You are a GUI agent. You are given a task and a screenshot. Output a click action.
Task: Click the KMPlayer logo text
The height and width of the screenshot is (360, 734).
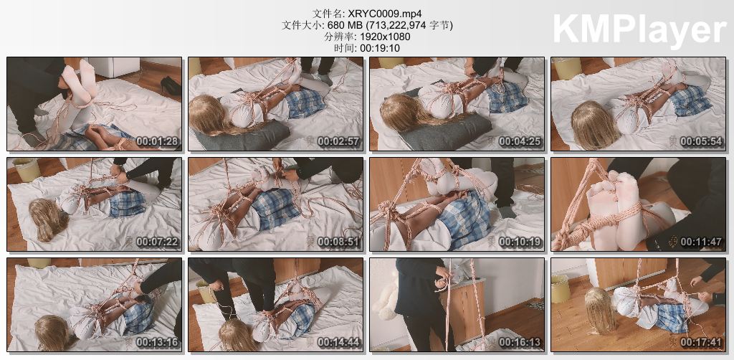point(639,29)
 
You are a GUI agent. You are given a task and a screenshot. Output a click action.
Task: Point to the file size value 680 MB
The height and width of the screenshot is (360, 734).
point(338,25)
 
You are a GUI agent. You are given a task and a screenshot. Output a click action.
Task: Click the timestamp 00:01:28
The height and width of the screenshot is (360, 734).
point(158,141)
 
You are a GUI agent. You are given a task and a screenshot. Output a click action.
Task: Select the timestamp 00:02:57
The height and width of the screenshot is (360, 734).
point(339,141)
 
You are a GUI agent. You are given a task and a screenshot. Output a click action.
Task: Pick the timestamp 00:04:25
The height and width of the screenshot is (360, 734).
point(520,141)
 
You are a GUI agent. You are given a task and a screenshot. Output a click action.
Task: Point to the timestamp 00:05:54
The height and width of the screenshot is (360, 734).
point(701,141)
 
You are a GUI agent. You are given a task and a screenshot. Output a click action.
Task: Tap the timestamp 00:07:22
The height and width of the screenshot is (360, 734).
point(158,242)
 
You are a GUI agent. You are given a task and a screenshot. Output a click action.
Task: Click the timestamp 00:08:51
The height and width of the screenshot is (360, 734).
point(339,242)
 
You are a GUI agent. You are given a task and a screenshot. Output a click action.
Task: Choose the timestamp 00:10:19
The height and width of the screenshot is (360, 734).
point(520,242)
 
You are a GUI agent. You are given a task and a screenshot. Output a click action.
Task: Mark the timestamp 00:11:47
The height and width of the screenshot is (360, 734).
point(701,242)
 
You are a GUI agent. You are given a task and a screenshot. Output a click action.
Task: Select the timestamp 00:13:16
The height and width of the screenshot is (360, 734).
point(158,343)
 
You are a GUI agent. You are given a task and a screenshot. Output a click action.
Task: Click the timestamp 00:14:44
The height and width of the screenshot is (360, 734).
point(339,343)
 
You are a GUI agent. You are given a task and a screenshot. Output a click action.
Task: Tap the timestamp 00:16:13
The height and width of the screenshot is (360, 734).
point(520,343)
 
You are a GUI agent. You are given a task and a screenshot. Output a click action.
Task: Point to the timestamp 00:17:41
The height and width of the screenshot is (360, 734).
point(701,343)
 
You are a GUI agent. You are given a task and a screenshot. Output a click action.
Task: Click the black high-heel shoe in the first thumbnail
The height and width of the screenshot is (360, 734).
point(171,85)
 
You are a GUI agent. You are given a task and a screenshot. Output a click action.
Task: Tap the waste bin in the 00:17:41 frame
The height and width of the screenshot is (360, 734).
point(561,289)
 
